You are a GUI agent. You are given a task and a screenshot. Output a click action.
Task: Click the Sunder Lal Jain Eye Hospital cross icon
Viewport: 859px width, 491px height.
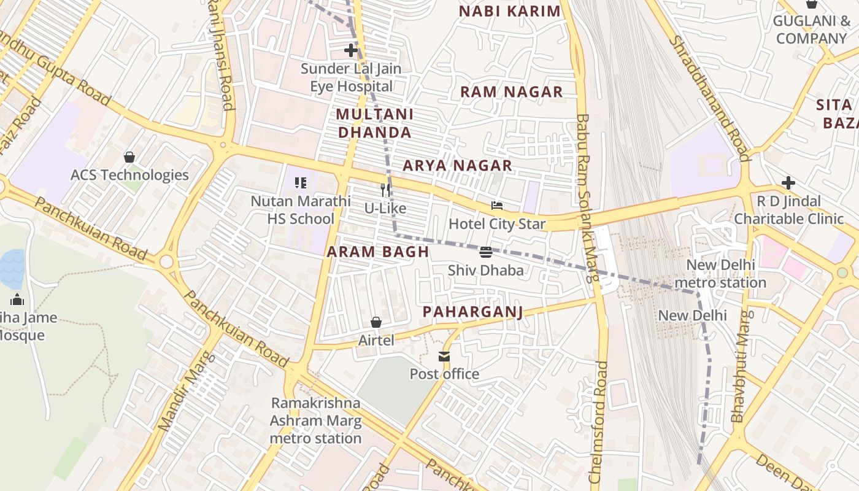(351, 50)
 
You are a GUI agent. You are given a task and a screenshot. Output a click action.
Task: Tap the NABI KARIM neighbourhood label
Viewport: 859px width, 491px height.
(510, 11)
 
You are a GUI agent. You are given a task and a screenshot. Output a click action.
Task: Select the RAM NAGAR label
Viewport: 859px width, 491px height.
(511, 92)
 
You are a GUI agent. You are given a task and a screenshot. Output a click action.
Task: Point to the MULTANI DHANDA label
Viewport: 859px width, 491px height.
(374, 123)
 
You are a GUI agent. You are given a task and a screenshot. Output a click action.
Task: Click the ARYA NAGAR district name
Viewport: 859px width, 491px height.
(457, 165)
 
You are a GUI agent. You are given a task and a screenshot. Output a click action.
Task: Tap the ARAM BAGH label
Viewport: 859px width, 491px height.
(377, 252)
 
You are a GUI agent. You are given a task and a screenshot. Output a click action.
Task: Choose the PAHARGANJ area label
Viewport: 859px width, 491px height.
(472, 312)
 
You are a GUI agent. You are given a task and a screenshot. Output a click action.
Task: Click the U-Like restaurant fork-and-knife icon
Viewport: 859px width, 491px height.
(385, 190)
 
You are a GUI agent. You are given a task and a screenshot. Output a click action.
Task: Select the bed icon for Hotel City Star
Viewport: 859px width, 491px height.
(497, 206)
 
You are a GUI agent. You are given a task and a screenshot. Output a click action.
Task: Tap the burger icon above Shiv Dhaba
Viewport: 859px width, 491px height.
(486, 252)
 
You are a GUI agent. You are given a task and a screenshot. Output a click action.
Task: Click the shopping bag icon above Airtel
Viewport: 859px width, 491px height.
(376, 322)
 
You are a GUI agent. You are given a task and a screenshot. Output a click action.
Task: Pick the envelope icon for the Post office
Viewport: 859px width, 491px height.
(444, 357)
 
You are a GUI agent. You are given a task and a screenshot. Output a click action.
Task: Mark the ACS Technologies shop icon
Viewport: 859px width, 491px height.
(129, 157)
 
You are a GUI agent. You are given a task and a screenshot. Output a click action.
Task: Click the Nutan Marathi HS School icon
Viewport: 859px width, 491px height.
(301, 183)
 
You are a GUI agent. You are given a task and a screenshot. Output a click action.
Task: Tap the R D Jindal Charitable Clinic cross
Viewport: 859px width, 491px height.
(788, 183)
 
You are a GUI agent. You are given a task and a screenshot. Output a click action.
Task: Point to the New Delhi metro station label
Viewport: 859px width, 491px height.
(720, 274)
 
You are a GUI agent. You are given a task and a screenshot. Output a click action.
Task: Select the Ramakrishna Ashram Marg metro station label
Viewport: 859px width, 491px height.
(316, 420)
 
